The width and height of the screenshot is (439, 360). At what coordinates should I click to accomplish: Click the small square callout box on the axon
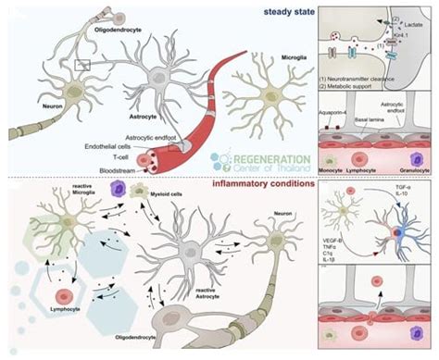83,64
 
